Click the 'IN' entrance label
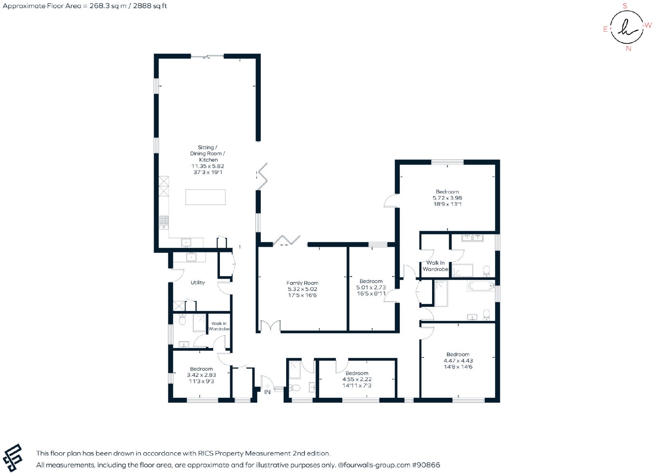267,392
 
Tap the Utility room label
198,282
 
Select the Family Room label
302,283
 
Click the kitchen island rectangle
206,197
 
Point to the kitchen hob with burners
164,222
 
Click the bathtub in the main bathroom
481,286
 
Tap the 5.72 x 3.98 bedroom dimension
447,198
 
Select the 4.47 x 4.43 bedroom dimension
458,361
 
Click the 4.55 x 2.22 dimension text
357,379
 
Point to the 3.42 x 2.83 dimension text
202,375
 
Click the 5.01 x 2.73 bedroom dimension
371,287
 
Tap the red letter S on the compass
625,6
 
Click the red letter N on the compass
629,49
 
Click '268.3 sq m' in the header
108,6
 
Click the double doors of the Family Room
270,326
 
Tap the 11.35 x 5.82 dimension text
208,166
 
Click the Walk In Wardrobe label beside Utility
219,326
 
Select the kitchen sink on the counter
186,242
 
